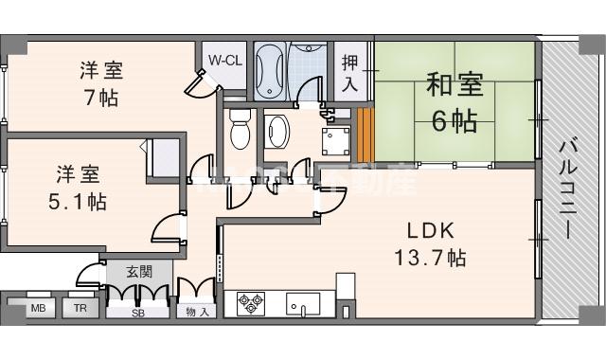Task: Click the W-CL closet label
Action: click(x=224, y=60)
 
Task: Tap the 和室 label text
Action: click(x=454, y=84)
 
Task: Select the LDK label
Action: click(x=431, y=230)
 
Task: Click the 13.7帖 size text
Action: click(x=431, y=256)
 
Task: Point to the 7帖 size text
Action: click(x=99, y=96)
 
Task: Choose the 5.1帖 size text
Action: click(x=79, y=202)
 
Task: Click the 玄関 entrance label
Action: click(x=139, y=272)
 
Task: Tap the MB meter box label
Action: click(x=38, y=309)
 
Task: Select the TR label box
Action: click(x=80, y=309)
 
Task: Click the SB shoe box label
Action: click(x=138, y=312)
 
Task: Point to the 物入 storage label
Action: click(x=197, y=312)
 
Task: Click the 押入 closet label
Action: click(x=349, y=72)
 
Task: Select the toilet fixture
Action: click(x=239, y=128)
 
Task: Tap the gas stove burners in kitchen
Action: click(x=251, y=304)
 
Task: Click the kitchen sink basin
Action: click(x=302, y=304)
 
